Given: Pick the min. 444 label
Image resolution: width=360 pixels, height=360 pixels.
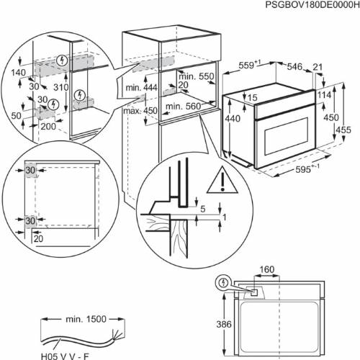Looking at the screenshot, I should click(141, 88).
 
